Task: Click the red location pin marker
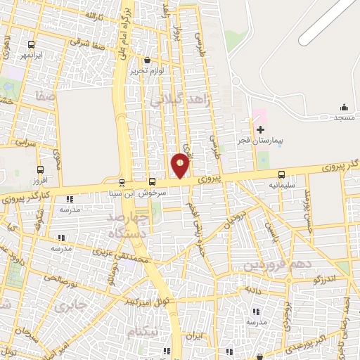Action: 181,166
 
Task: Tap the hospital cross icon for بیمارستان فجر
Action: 260,129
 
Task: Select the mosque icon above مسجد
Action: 344,107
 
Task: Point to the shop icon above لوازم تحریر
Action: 147,60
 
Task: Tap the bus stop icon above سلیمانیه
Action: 282,174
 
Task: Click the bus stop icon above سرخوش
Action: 153,182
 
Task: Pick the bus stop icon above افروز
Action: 40,169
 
